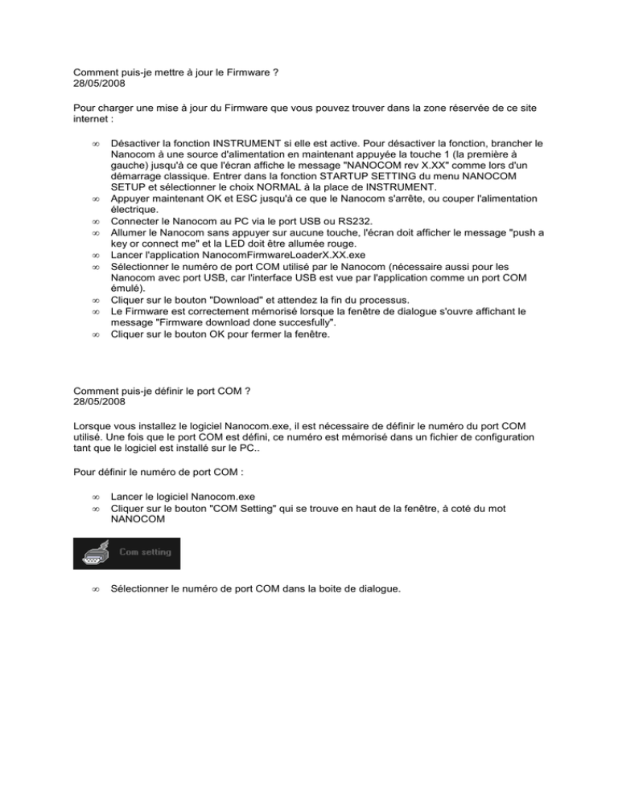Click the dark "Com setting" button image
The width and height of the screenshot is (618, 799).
(x=127, y=553)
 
